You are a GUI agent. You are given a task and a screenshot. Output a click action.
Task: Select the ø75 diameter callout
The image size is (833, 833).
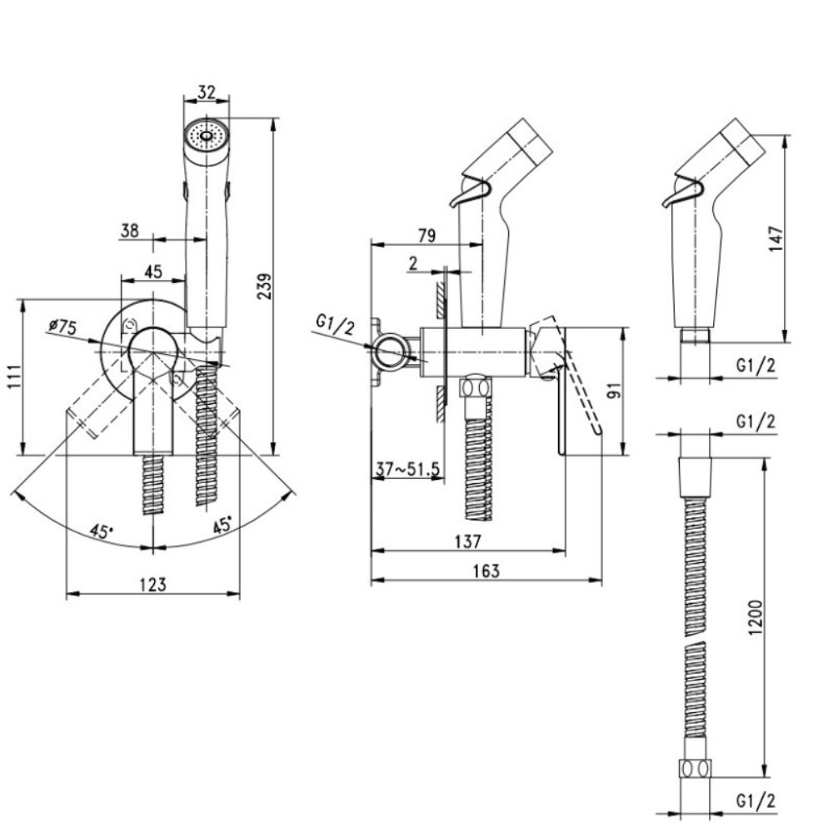[x=62, y=327]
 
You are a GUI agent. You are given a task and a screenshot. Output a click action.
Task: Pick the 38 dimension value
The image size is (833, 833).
[x=130, y=231]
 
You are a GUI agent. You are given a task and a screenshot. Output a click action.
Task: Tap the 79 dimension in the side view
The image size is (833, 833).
[x=425, y=236]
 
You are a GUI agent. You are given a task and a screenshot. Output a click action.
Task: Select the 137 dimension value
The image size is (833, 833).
[x=468, y=541]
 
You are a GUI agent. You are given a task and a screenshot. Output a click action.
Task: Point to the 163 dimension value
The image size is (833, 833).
[x=486, y=571]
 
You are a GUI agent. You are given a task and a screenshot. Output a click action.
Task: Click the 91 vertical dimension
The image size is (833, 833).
[x=614, y=391]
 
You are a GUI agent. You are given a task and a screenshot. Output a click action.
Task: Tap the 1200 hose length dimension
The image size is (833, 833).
[x=755, y=616]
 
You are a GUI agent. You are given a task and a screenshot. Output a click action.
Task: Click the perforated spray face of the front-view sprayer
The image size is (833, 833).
[x=205, y=133]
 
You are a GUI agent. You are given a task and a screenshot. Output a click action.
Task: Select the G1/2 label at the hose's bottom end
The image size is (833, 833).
[x=756, y=801]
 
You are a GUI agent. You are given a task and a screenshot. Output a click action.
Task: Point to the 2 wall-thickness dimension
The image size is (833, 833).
[x=414, y=263]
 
